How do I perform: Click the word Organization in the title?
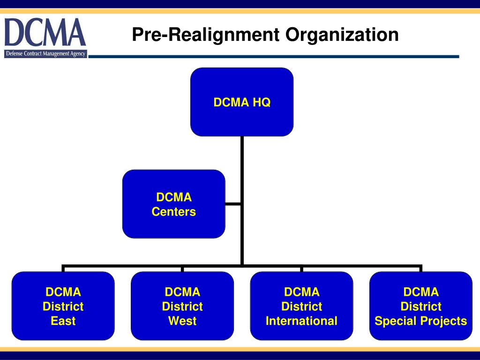[x=343, y=35]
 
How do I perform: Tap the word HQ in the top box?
[x=262, y=102]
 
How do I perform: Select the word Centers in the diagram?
[x=173, y=212]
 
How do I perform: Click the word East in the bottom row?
[x=63, y=321]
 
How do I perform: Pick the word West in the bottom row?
[x=182, y=321]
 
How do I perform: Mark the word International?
[x=301, y=321]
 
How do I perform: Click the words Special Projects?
[x=420, y=321]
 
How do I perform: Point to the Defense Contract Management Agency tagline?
[x=45, y=54]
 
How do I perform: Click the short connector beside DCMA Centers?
[x=233, y=204]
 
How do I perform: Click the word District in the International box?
[x=301, y=307]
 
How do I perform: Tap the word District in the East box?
[x=63, y=307]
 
